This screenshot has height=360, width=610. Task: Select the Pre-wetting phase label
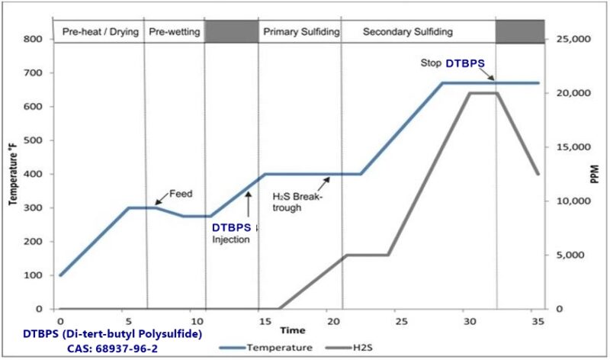(x=175, y=32)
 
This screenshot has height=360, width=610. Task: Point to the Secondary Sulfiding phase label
(x=407, y=32)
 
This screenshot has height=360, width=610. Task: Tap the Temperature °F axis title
(x=13, y=175)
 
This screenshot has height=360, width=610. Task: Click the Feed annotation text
(x=180, y=194)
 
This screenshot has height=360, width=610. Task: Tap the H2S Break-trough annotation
(x=298, y=202)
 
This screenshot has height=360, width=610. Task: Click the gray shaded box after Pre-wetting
(x=231, y=32)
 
